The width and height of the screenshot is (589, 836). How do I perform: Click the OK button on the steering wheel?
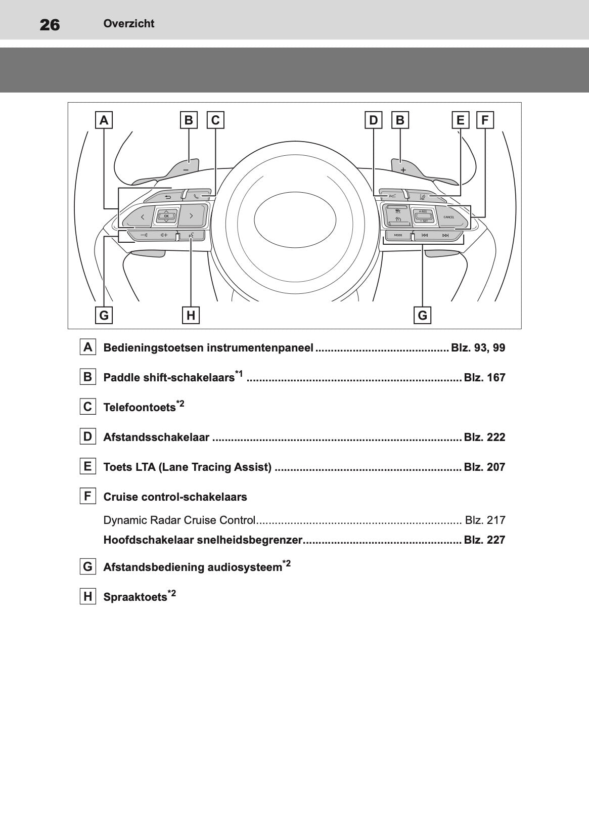coord(166,216)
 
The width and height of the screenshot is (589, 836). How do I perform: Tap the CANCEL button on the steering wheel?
coord(448,217)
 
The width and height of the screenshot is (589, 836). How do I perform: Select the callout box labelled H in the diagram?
coord(191,315)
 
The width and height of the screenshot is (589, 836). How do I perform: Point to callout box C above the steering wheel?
coord(215,120)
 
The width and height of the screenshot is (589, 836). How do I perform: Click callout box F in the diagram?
coord(485,120)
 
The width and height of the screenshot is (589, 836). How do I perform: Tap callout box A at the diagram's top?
coord(104,120)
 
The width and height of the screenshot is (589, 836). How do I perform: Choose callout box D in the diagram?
coord(373,120)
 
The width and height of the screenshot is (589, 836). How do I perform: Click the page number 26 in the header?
coord(50,24)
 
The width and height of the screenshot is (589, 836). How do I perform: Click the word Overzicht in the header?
coord(129,23)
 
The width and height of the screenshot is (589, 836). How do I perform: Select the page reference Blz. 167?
coord(484,378)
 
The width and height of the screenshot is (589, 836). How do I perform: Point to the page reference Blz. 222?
coord(484,437)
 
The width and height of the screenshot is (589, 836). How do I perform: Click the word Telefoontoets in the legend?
coord(139,408)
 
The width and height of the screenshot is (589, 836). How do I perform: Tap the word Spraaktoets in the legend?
coord(135,597)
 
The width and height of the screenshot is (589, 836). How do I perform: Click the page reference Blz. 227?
coord(484,540)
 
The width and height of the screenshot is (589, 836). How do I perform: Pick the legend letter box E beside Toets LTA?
coord(88,466)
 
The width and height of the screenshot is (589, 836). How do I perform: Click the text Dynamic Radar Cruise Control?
coord(179,520)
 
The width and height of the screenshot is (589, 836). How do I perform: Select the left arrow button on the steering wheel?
coord(142,217)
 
